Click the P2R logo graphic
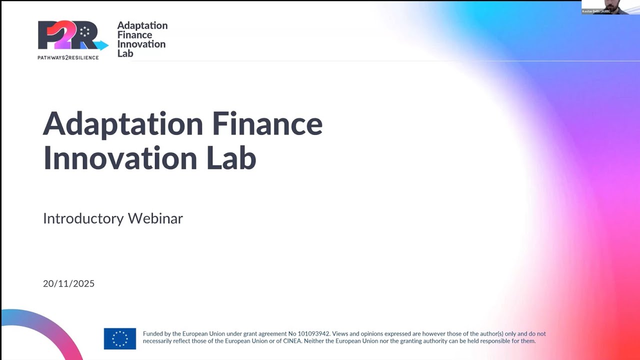point(70,36)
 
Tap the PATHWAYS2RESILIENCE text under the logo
point(68,57)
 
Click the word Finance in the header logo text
point(134,34)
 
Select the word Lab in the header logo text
point(125,53)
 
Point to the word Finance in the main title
point(267,123)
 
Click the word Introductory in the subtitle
point(83,218)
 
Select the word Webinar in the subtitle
point(155,218)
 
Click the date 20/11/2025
point(68,283)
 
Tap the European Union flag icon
point(120,338)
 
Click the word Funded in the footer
point(153,333)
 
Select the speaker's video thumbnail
point(610,7)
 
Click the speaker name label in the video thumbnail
point(596,11)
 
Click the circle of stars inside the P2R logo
point(84,31)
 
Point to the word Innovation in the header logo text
point(141,44)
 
